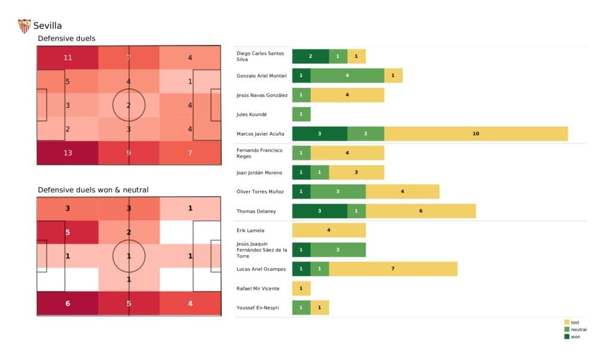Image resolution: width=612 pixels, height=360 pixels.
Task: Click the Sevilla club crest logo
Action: tap(25, 26)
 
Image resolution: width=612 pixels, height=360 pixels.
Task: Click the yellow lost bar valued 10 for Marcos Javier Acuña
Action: tap(476, 133)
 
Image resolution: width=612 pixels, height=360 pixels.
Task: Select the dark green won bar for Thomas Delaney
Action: tap(319, 210)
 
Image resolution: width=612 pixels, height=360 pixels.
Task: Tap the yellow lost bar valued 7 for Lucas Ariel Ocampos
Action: tap(393, 269)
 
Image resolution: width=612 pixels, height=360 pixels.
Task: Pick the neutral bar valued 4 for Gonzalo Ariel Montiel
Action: tap(347, 75)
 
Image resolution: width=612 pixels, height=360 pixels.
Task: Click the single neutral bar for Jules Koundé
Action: tap(301, 114)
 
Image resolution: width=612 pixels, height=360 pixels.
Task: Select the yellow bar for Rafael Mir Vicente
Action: tap(301, 288)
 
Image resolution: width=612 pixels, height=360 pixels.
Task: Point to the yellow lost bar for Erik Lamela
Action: tap(329, 230)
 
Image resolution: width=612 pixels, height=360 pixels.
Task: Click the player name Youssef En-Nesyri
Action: tap(258, 308)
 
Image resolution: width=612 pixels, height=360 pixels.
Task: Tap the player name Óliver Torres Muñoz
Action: tap(261, 191)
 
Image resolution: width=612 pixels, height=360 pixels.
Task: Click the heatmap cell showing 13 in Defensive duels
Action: tap(68, 152)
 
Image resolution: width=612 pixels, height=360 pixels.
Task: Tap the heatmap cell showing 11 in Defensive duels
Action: tap(68, 58)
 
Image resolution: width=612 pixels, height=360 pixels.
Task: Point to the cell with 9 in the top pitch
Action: tap(128, 152)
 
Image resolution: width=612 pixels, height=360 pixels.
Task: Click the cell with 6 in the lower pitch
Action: tap(68, 303)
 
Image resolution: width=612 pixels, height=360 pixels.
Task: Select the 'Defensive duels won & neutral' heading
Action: tap(93, 190)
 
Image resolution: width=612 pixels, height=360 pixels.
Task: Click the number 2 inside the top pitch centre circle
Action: tap(128, 105)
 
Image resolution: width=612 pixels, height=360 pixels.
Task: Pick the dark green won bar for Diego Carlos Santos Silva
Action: tap(310, 56)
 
